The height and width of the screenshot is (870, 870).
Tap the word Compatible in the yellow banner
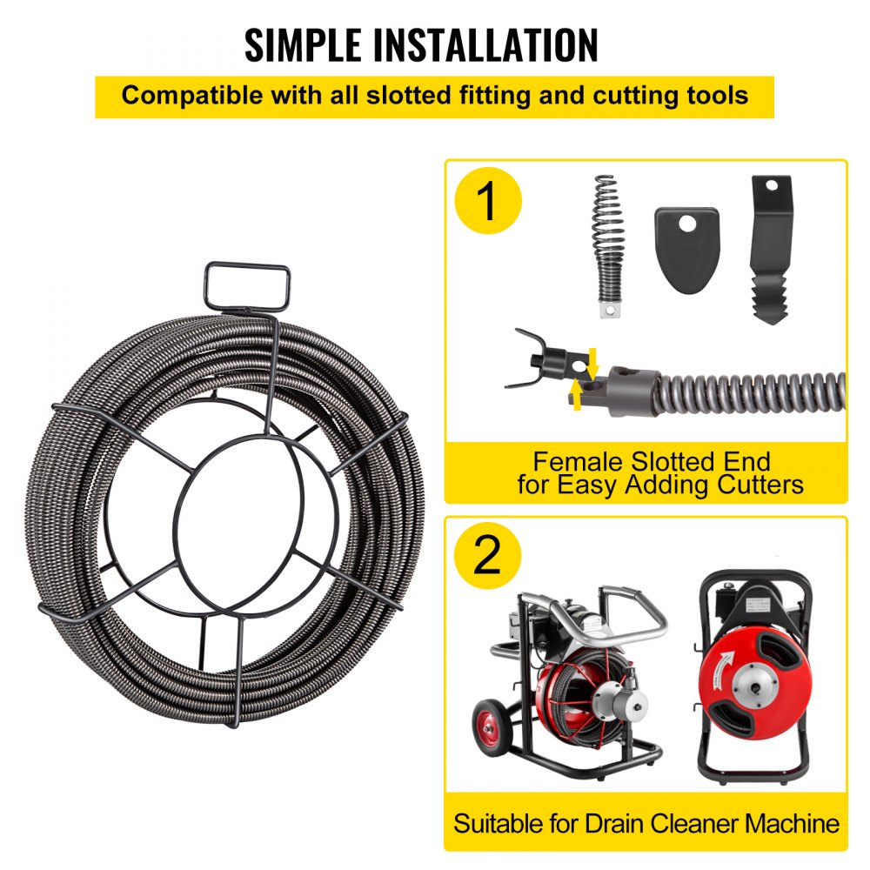coord(182,95)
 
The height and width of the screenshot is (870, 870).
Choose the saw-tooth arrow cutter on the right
coord(770,249)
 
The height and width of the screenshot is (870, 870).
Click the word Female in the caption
coord(573,461)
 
